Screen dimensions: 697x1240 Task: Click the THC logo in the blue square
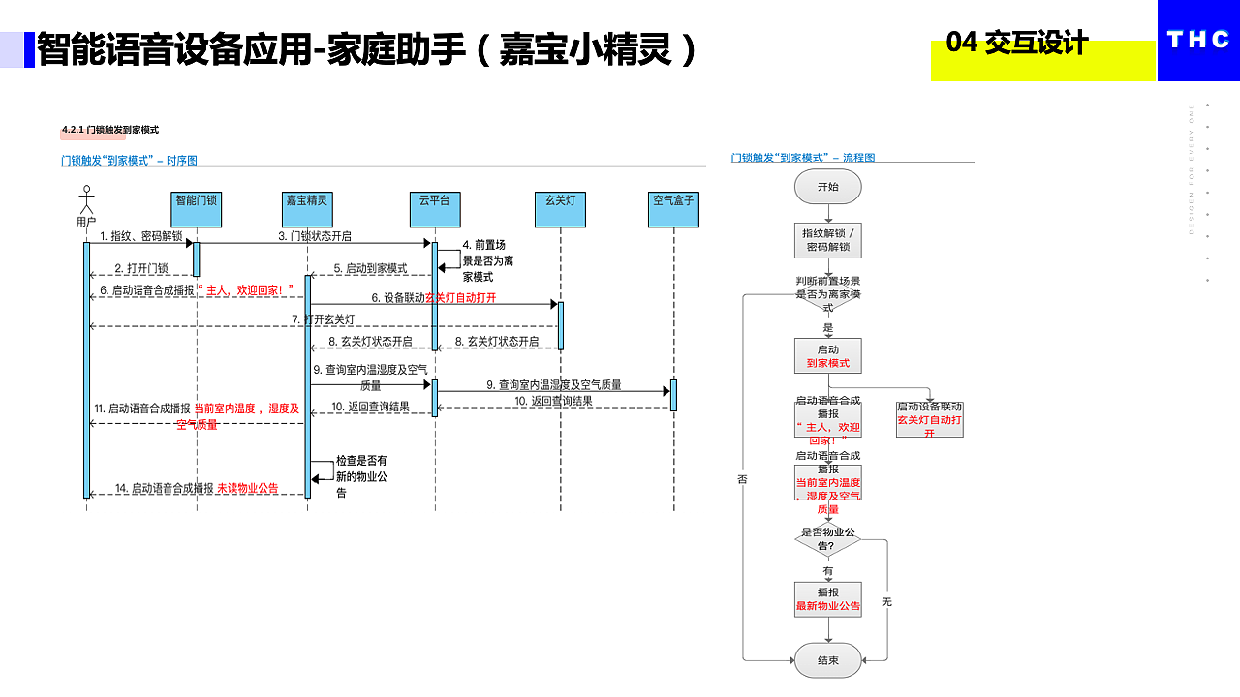coord(1198,40)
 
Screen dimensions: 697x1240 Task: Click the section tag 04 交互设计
coord(1017,44)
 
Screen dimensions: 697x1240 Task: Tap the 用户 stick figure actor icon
coord(86,199)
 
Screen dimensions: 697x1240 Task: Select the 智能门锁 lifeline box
coord(196,209)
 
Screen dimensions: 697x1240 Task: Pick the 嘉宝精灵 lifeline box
coord(307,209)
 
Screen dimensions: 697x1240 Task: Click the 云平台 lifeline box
coord(434,209)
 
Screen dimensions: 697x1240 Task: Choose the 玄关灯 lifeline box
coord(560,209)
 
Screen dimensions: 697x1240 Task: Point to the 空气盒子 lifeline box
coord(673,209)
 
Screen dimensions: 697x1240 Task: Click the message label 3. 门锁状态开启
coord(315,236)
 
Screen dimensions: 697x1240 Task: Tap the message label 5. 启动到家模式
coord(370,268)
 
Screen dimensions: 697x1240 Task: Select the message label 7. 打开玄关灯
coord(324,319)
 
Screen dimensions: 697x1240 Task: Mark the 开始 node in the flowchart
coord(828,187)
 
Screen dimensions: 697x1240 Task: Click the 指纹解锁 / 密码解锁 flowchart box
coord(828,240)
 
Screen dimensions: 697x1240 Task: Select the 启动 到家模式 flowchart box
coord(828,356)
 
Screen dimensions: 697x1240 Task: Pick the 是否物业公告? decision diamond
coord(828,539)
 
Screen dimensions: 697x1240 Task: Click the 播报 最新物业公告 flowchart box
coord(828,599)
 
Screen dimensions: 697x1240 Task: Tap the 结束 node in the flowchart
coord(828,660)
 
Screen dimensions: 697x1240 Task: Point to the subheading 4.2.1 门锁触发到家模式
coord(109,130)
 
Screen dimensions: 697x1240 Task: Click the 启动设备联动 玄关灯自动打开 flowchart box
coord(930,419)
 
